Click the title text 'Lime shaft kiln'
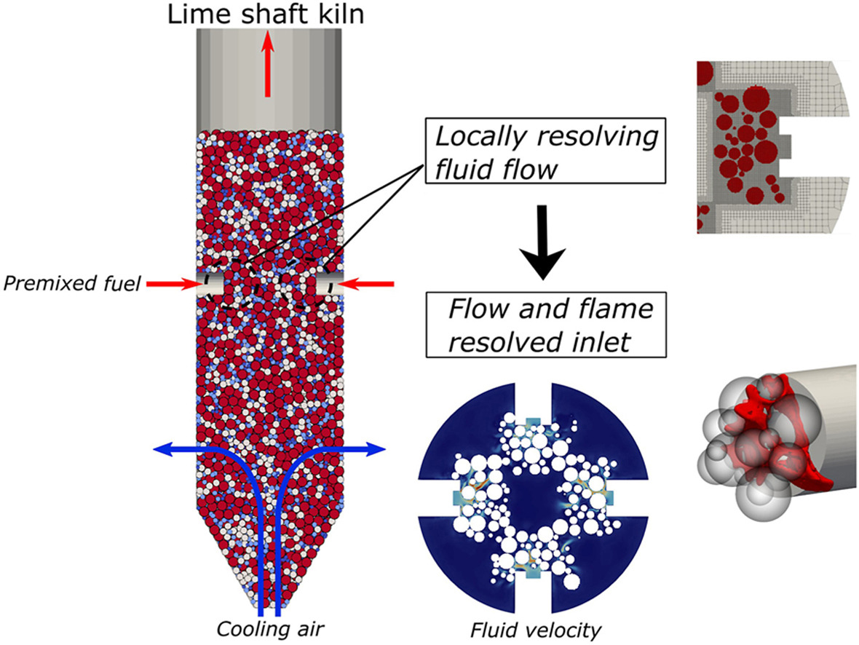(265, 14)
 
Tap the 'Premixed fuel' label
(72, 283)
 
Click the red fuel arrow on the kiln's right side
(368, 284)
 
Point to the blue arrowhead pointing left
(164, 450)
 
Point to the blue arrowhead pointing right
(376, 450)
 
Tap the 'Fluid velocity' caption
(535, 630)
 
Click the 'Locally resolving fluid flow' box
(546, 150)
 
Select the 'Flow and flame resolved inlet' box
(546, 325)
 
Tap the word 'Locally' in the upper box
(476, 137)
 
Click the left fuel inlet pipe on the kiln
(210, 285)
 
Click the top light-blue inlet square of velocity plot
(532, 423)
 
